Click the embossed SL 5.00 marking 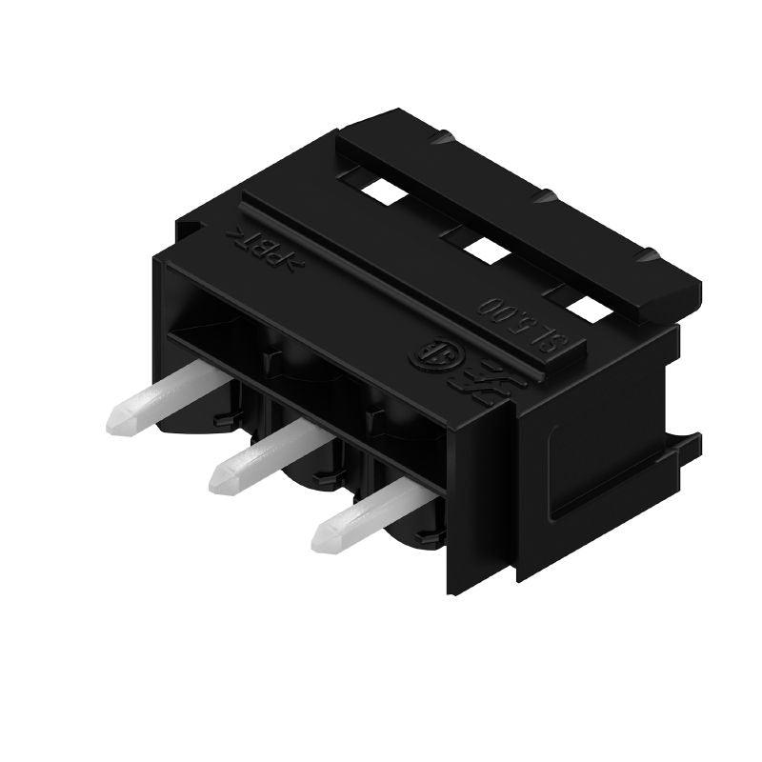(514, 324)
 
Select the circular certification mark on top (426, 355)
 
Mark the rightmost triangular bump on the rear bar (650, 255)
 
